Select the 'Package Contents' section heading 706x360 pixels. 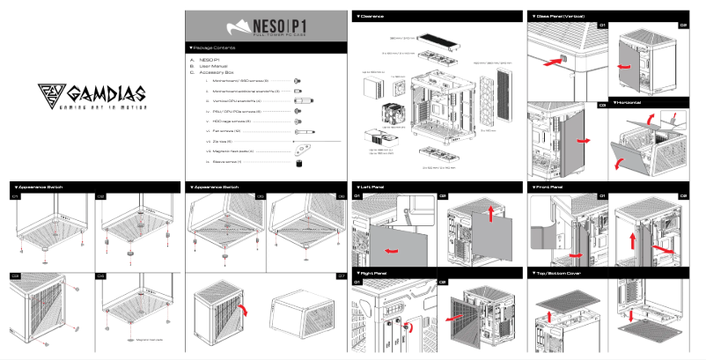tap(215, 48)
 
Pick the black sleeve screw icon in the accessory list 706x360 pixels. tap(299, 162)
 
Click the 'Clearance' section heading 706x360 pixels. tap(371, 17)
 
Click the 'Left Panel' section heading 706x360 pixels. tap(372, 187)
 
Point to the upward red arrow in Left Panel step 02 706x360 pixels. tap(490, 214)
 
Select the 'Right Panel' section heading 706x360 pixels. tap(373, 274)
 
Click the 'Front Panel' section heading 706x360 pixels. tap(553, 187)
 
